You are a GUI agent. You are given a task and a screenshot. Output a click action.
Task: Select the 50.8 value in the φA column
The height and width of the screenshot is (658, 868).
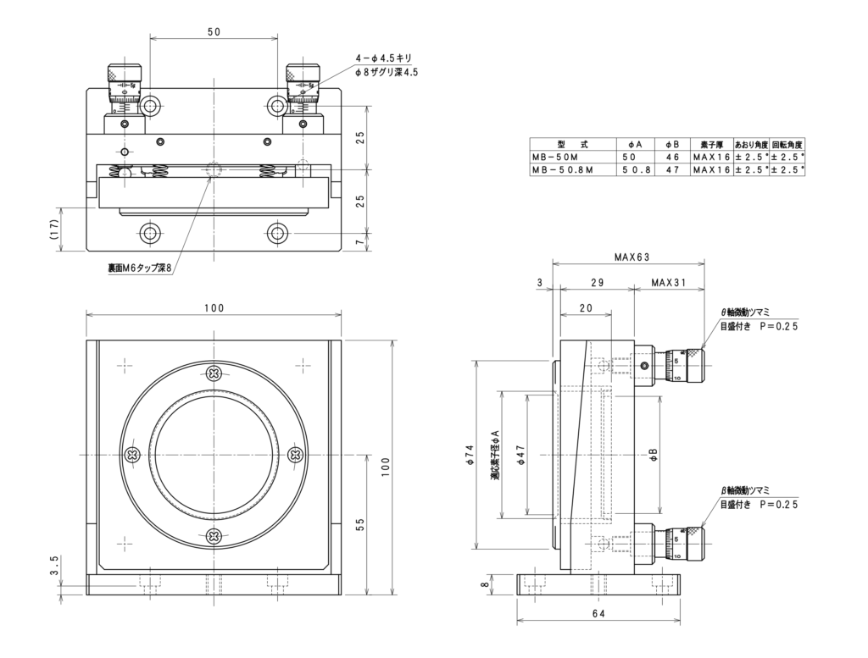click(x=635, y=170)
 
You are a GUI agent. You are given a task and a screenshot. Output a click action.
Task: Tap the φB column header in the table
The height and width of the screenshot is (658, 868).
click(x=671, y=144)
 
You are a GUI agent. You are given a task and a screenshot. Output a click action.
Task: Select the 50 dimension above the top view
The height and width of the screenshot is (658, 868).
click(x=214, y=31)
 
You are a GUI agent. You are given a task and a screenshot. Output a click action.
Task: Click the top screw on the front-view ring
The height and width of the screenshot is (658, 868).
click(x=213, y=373)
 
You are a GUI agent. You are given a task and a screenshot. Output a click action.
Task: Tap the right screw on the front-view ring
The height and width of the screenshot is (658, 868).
click(x=296, y=455)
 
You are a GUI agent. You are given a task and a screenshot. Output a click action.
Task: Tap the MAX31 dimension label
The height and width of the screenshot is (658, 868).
click(x=670, y=283)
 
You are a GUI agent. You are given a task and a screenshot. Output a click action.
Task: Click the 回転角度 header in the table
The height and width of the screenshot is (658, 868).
click(x=787, y=144)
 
